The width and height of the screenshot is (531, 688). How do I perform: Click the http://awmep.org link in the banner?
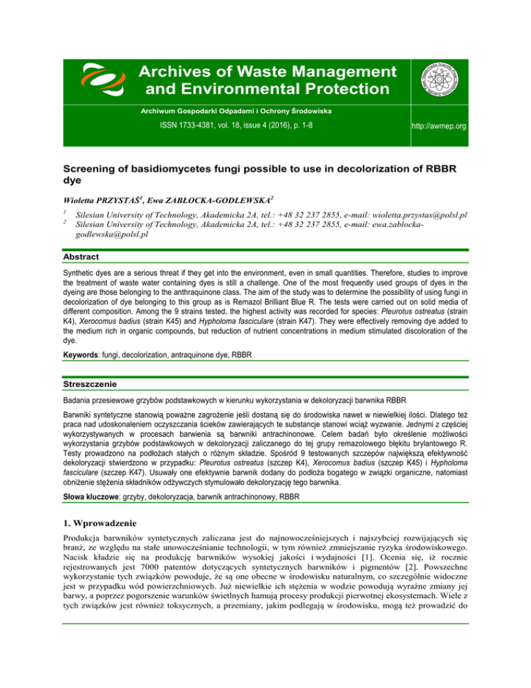coord(485,127)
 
